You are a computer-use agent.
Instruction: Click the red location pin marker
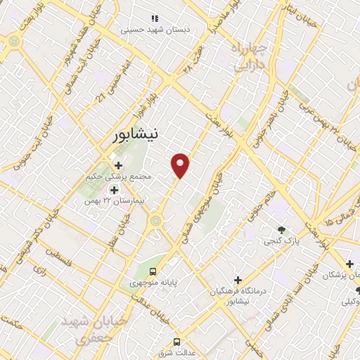tap(181, 165)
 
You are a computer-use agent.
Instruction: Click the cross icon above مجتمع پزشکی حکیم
tap(118, 165)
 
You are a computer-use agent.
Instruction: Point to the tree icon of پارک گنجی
tap(281, 230)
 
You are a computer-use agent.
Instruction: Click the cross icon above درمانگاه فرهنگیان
tap(238, 280)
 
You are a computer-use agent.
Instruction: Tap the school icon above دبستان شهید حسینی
tap(155, 18)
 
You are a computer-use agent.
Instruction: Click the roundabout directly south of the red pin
tap(155, 221)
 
